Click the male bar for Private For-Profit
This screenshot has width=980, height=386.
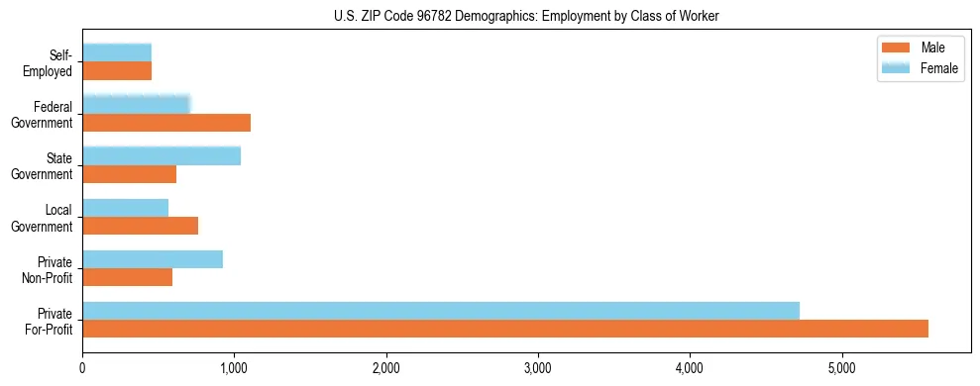coord(505,329)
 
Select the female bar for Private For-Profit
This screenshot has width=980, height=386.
coord(441,311)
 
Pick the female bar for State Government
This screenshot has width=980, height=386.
coord(162,155)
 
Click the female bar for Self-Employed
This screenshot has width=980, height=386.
coord(117,52)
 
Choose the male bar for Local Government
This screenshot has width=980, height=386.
coord(141,226)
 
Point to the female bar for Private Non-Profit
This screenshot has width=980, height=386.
coord(153,259)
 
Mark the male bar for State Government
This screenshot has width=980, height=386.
coord(130,174)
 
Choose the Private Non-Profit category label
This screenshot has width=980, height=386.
coord(49,268)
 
